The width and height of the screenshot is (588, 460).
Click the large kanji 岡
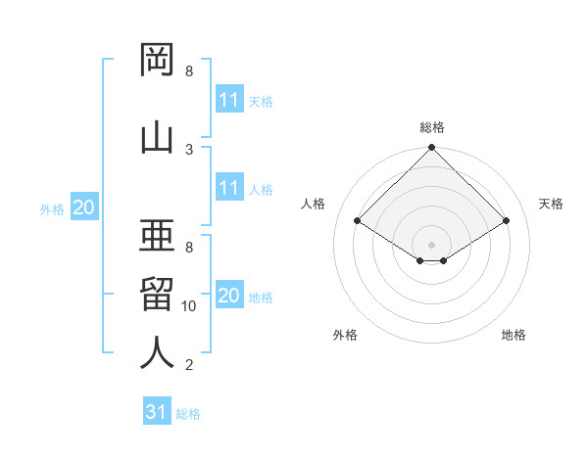coord(157,60)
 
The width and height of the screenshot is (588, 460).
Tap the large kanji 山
coord(157,139)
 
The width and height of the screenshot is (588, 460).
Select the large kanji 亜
coord(157,235)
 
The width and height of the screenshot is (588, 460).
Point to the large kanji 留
coord(157,294)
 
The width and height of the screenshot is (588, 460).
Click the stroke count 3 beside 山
coord(189,150)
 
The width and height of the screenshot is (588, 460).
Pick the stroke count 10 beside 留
coord(188,306)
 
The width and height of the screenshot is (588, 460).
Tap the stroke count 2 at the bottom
coord(189,364)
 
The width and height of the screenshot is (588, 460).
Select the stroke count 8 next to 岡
coord(189,70)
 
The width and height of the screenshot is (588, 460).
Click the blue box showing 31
coord(157,410)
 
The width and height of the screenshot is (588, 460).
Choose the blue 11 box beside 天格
coord(230,99)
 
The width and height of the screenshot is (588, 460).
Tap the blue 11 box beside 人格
coord(230,187)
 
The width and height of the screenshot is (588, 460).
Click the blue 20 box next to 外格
coord(84,207)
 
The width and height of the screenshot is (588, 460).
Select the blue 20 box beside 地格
coord(230,294)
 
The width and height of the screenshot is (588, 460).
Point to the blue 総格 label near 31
coord(188,414)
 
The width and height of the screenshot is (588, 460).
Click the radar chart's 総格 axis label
coord(432,127)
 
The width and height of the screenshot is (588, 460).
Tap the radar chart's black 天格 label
coord(551,204)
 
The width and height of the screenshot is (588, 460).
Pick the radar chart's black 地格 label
coord(514,335)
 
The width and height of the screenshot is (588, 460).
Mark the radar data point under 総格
coord(431,147)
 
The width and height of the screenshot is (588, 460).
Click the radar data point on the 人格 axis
coord(357,220)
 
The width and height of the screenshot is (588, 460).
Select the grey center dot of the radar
coord(431,245)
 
